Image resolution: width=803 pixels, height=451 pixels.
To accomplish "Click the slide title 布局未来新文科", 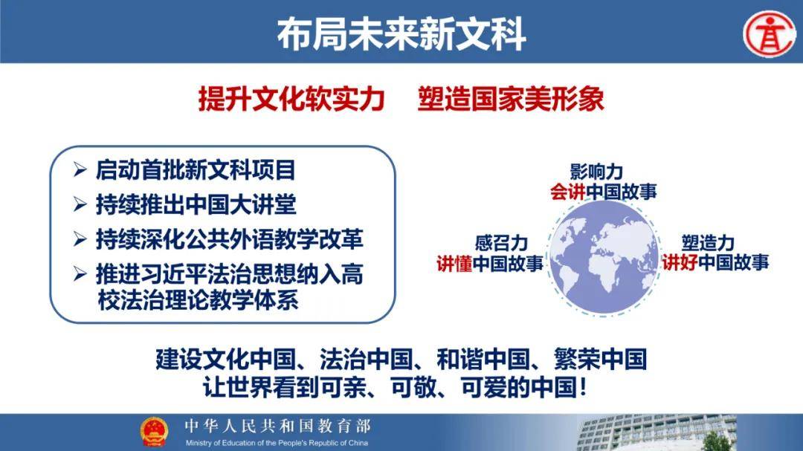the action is tap(401, 33).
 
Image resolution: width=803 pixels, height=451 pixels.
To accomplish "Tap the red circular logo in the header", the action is tap(770, 33).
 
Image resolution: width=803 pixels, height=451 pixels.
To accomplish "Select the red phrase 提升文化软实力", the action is tap(291, 99).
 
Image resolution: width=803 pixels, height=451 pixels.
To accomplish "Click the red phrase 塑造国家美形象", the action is tap(511, 99).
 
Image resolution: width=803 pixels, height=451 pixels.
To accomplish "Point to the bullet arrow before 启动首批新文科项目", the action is tap(80, 169).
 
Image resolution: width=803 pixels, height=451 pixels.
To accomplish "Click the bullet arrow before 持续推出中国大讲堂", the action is tap(80, 204).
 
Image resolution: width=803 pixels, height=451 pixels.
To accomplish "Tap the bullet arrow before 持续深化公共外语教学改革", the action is tap(80, 239).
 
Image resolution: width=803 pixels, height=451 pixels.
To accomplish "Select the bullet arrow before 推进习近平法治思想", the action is tap(80, 274).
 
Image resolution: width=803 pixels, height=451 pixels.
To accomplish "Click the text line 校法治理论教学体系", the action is tap(198, 300).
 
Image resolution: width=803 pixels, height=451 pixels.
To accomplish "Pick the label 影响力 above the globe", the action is tap(596, 172).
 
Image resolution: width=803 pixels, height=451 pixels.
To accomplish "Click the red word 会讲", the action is tap(568, 192).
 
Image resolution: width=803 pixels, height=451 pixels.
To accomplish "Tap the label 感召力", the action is tap(501, 243).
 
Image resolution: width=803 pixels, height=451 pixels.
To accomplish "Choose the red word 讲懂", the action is tap(454, 263).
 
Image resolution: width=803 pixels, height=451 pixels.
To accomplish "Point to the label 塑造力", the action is tap(708, 243).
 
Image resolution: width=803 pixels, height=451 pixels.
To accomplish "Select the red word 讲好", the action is tap(680, 262).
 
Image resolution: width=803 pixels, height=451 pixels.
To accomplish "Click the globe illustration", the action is tap(603, 258).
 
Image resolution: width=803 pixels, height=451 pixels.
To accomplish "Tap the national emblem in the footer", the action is tap(154, 432).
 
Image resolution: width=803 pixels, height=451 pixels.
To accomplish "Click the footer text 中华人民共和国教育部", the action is tap(277, 426).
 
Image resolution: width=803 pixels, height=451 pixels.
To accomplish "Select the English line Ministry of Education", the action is tap(277, 443).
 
